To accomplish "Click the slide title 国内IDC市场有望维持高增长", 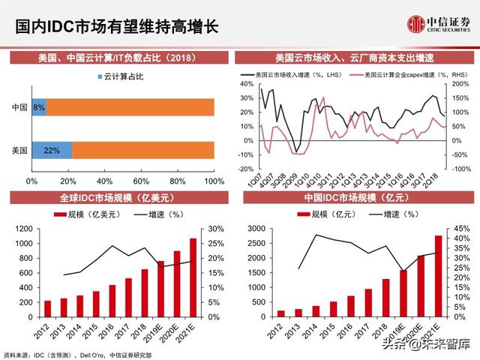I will tap(118, 27).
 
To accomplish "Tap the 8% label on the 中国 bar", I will tap(39, 107).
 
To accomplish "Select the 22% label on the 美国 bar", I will tap(52, 150).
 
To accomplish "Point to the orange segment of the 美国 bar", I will tap(142, 150).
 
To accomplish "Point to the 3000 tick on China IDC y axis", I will tap(256, 229).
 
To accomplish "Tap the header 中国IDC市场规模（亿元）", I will tap(355, 198).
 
